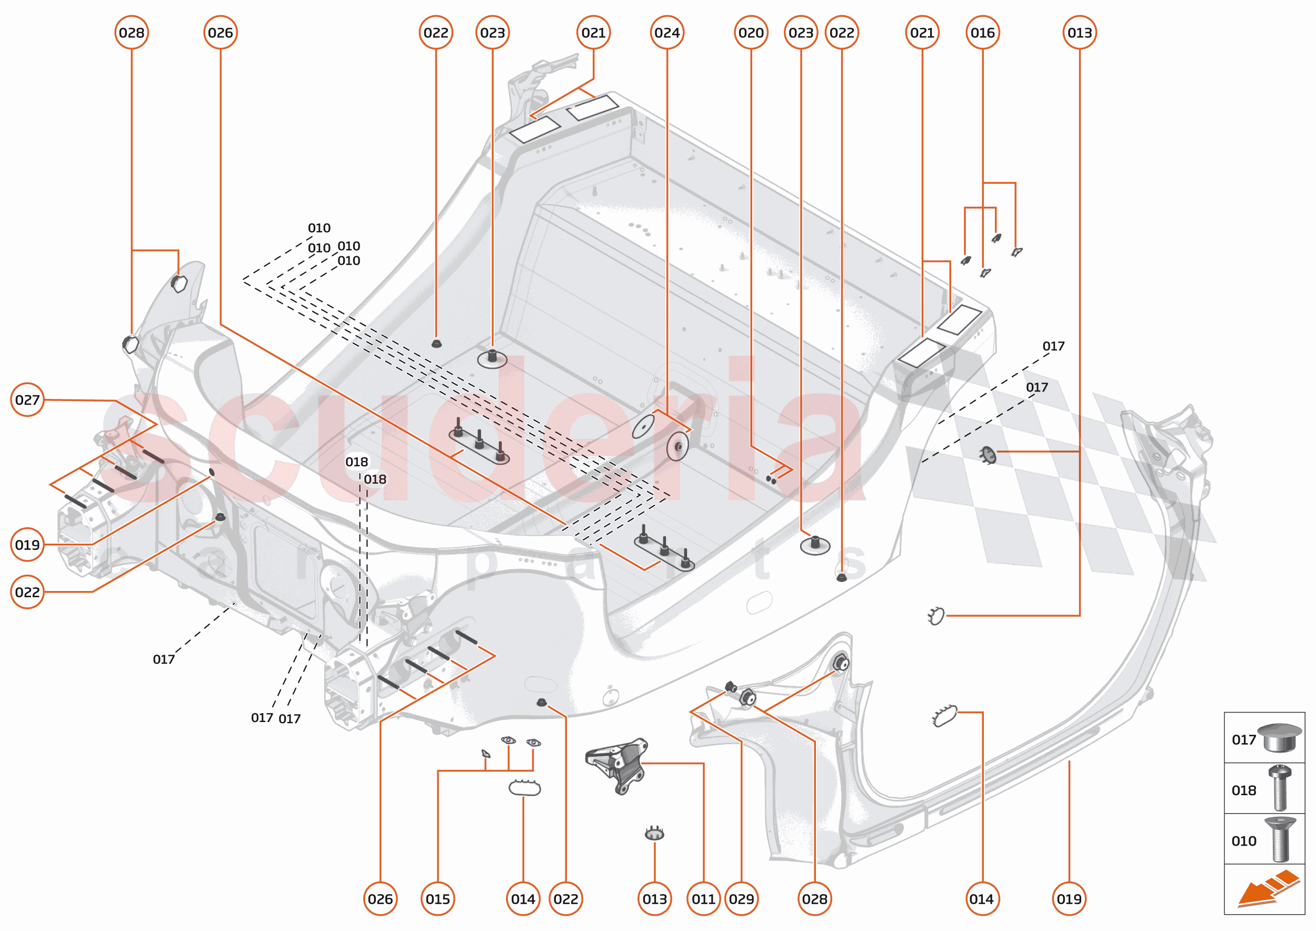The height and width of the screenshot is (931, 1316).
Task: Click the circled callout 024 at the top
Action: (x=667, y=33)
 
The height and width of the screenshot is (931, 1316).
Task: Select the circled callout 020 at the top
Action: (x=751, y=33)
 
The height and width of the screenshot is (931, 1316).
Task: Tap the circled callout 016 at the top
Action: (x=982, y=33)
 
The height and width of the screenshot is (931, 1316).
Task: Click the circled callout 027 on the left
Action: (x=27, y=399)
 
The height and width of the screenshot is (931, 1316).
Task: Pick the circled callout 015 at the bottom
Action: (x=437, y=899)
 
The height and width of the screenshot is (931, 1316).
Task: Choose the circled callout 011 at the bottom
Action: (x=703, y=899)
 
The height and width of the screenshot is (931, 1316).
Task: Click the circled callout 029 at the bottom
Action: (x=741, y=899)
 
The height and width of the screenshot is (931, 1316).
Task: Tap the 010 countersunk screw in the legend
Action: (x=1280, y=839)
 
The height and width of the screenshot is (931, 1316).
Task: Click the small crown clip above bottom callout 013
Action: (x=654, y=833)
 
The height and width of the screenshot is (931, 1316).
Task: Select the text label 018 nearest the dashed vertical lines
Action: (x=375, y=479)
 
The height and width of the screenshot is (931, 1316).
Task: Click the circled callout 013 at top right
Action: (x=1079, y=33)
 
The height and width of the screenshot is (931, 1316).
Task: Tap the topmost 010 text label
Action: (x=319, y=228)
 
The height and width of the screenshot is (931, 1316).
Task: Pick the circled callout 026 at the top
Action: (x=220, y=33)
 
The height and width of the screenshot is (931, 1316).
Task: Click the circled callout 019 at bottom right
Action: (x=1069, y=899)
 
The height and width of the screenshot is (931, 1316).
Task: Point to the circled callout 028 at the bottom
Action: (x=814, y=899)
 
